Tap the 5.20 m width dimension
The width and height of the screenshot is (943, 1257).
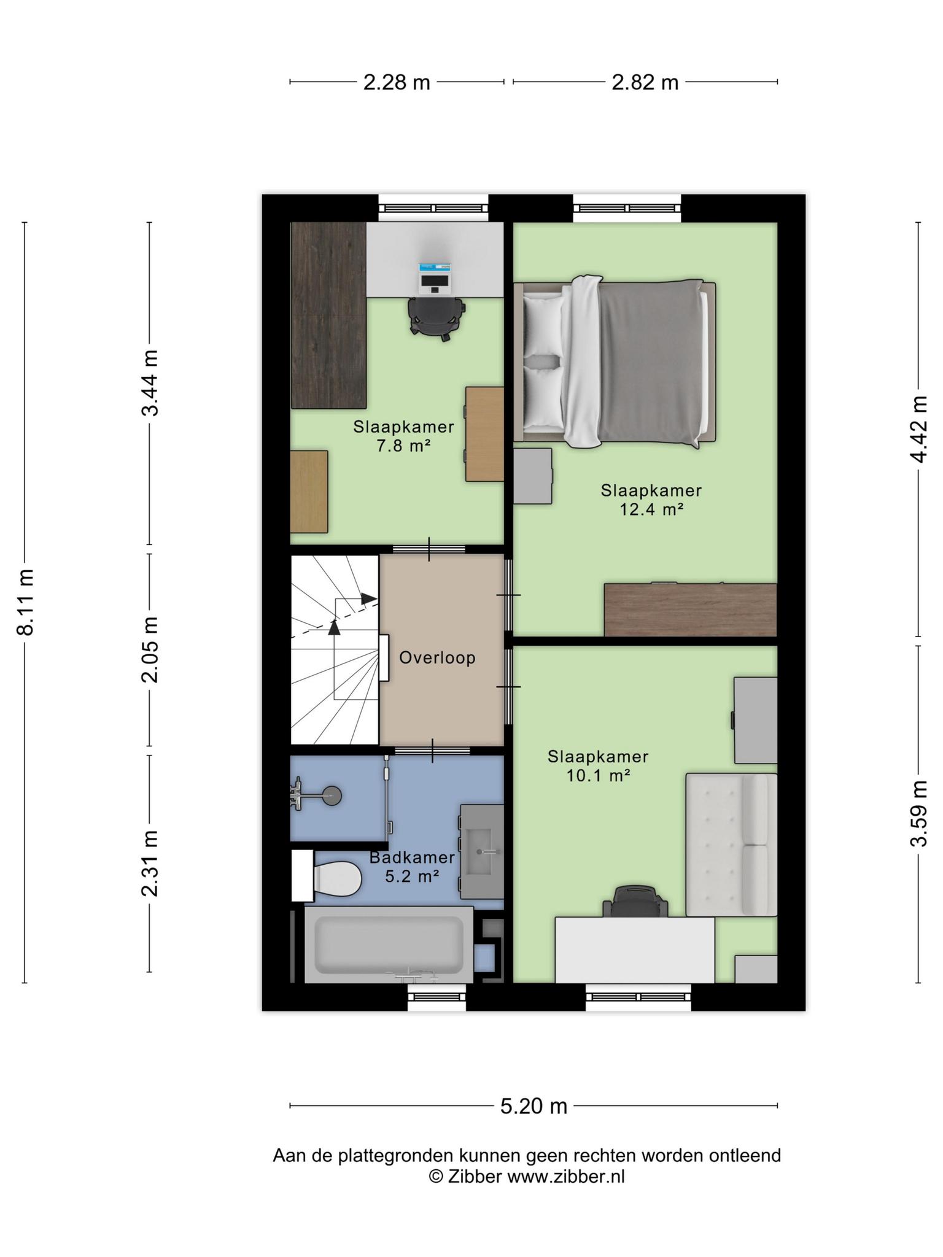[x=534, y=1106]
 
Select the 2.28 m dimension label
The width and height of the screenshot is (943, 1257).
[x=397, y=82]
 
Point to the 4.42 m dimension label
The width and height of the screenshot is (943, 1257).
[x=919, y=429]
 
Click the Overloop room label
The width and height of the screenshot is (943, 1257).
[x=437, y=658]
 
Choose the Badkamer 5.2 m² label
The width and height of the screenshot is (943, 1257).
[x=412, y=867]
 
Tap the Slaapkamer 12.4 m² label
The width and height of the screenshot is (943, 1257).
[x=651, y=500]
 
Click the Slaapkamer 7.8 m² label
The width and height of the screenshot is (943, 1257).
[x=403, y=436]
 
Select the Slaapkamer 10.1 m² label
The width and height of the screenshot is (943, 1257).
[x=598, y=766]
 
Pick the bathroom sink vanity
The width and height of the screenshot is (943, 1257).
[x=482, y=852]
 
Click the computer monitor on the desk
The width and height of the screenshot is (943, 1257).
[x=435, y=277]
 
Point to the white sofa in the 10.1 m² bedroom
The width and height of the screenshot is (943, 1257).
[x=731, y=845]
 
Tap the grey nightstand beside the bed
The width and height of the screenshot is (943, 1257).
[x=533, y=476]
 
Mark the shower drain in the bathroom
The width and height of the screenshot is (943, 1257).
[x=332, y=796]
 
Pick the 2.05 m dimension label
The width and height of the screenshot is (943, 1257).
[x=150, y=650]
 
